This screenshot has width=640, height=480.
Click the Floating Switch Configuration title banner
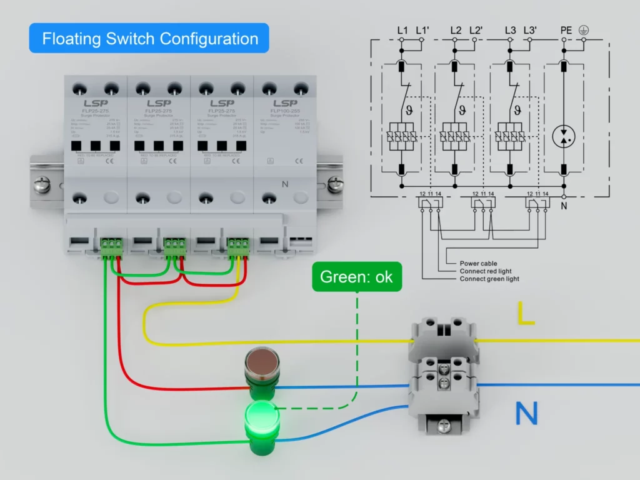coord(149,38)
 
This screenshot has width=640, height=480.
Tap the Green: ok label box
coord(356,277)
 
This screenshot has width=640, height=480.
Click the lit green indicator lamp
coord(262,414)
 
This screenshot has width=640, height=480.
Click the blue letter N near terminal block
coord(526,414)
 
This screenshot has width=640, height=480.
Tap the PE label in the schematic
coord(566,30)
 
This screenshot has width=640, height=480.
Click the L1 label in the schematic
coord(402,30)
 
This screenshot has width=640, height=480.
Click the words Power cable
coord(478,264)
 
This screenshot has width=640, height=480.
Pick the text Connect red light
coord(486,271)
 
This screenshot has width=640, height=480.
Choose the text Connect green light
coord(489,279)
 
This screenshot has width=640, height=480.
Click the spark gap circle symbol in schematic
coord(564,136)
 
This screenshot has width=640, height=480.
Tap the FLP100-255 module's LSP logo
coord(284,103)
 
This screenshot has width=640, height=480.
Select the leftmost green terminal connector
coord(111,244)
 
